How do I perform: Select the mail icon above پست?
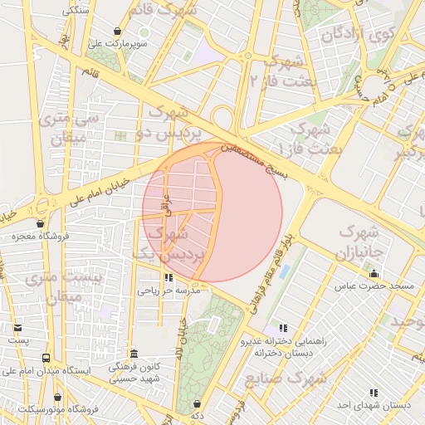(x=18, y=328)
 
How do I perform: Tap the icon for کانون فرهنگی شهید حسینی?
(x=134, y=353)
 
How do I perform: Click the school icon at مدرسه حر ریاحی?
(x=169, y=278)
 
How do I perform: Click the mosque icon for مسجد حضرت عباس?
(x=374, y=273)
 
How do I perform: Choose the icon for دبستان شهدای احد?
(x=374, y=392)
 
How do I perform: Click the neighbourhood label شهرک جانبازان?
(x=359, y=242)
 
